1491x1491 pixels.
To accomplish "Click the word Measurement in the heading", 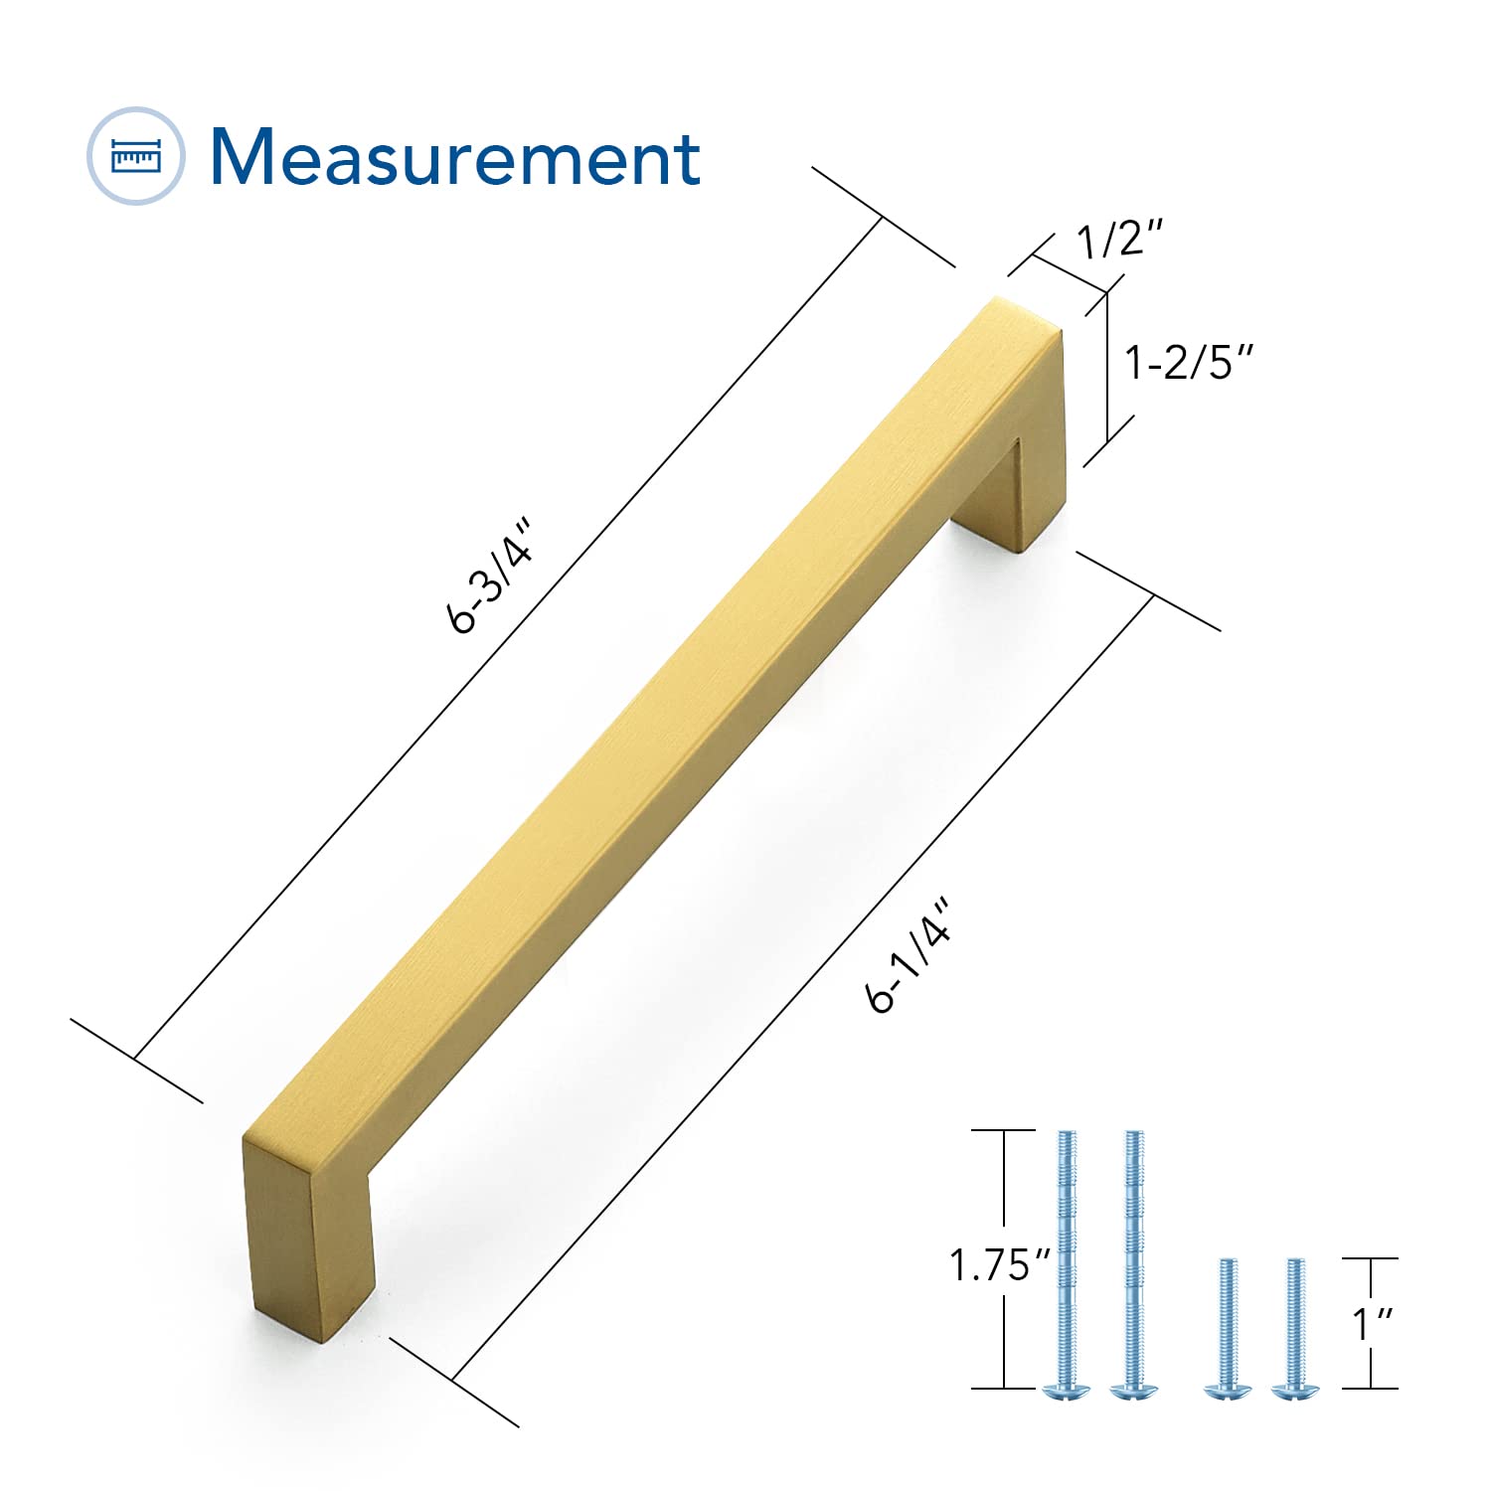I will tap(455, 157).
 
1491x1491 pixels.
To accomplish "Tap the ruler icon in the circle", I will tap(136, 156).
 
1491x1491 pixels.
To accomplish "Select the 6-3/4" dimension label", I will tap(490, 576).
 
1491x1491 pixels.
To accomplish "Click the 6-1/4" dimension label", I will tap(910, 955).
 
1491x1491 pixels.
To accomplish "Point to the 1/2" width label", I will tap(1120, 240).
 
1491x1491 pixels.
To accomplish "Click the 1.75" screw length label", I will tap(999, 1265).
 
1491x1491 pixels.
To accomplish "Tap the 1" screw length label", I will tap(1373, 1323).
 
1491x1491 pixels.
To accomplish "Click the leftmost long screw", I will tap(1067, 1262).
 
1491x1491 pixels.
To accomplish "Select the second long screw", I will tap(1133, 1262).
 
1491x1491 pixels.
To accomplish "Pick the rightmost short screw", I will tap(1293, 1327).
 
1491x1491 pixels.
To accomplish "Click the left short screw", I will tap(1226, 1327).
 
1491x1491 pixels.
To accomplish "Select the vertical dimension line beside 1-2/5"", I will tap(1107, 368).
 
